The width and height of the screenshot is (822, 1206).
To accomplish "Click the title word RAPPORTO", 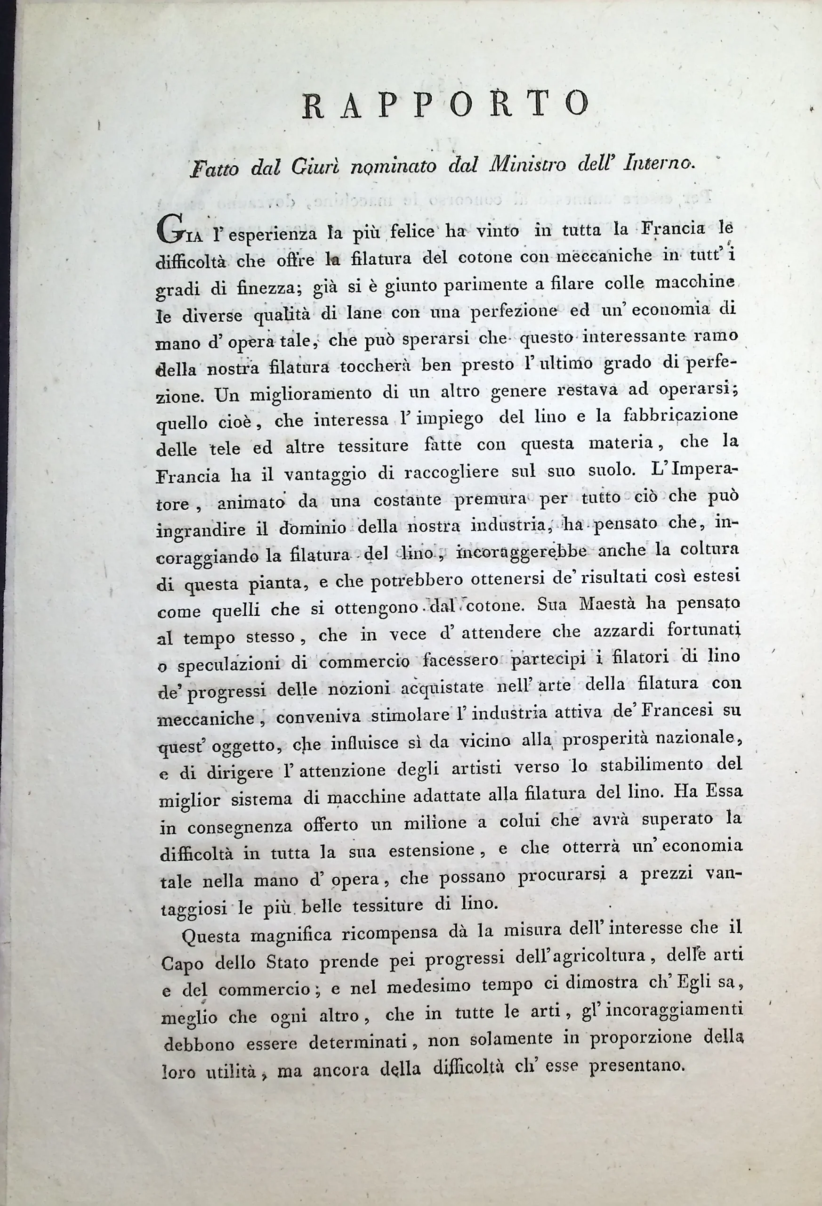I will [x=445, y=102].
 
